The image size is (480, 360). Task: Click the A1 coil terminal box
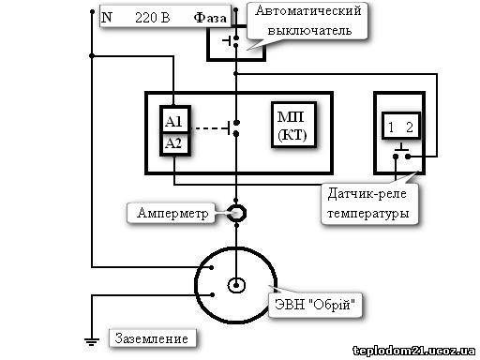click(x=175, y=119)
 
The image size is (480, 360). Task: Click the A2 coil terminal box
click(x=175, y=144)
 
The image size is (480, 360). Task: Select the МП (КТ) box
click(x=293, y=125)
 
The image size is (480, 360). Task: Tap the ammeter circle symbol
click(x=236, y=213)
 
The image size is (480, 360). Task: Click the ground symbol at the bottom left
click(x=92, y=341)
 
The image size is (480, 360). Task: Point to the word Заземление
click(x=151, y=338)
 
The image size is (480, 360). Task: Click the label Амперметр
click(x=172, y=213)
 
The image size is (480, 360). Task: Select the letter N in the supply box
click(x=107, y=17)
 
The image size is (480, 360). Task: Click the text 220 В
click(x=153, y=18)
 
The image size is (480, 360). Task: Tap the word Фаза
click(x=210, y=18)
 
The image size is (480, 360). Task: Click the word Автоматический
click(x=307, y=11)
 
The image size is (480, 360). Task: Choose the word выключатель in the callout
click(x=309, y=31)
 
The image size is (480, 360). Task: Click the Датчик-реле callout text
click(x=367, y=194)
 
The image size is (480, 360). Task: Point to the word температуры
click(x=368, y=214)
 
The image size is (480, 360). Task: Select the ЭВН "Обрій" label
click(x=315, y=304)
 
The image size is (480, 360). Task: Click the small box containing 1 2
click(x=401, y=126)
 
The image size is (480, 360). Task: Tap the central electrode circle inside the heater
click(x=236, y=285)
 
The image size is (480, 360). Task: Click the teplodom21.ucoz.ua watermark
click(x=414, y=351)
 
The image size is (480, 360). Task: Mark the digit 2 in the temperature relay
click(x=410, y=127)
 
